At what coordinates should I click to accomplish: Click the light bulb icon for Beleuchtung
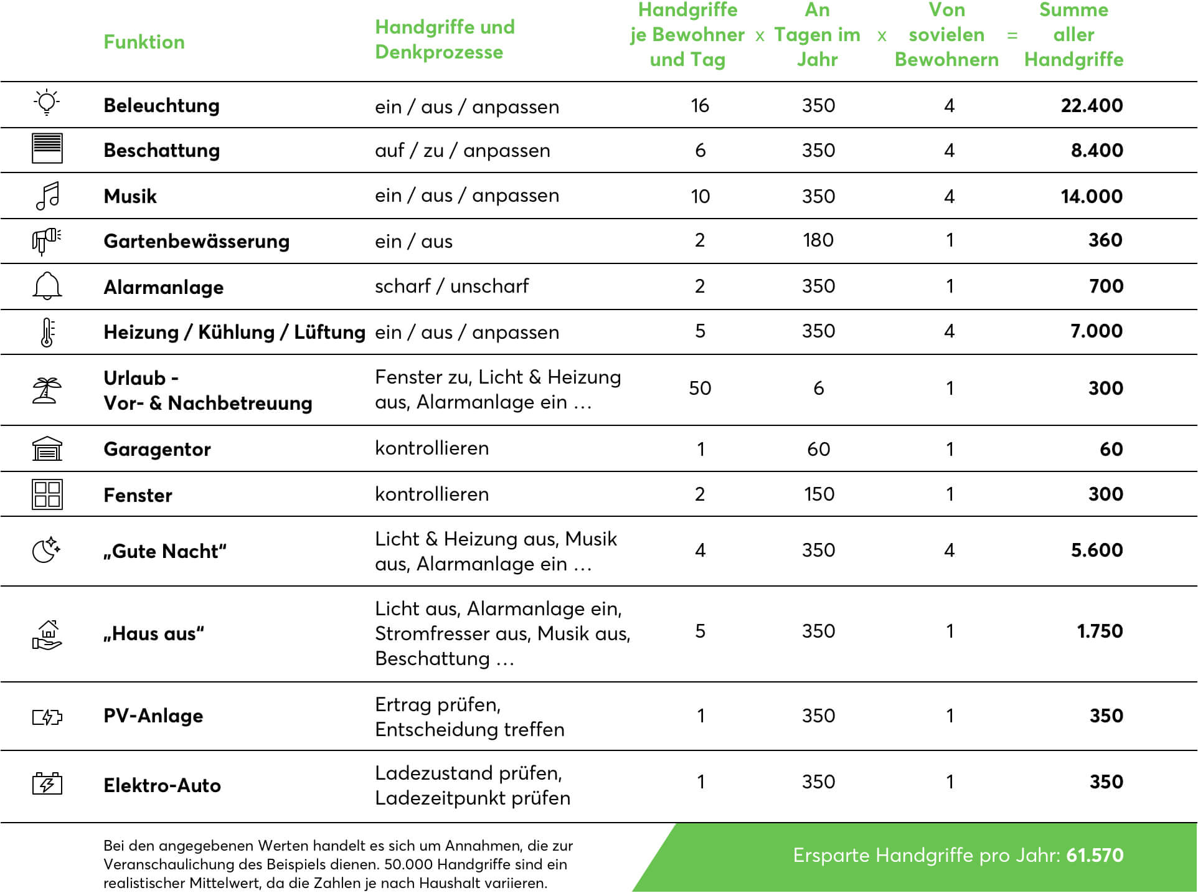coord(47,103)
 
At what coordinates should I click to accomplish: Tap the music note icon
coord(47,196)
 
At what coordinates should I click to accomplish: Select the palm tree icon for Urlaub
coord(47,390)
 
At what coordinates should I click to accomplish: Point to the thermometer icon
coord(47,332)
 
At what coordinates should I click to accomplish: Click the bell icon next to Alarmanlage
coord(47,286)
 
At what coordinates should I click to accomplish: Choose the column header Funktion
coord(144,42)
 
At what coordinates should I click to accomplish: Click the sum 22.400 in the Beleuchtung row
coord(1092,105)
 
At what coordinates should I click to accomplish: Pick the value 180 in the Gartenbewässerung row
coord(818,240)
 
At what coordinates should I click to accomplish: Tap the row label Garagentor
coord(157,449)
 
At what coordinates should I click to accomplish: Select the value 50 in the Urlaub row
coord(700,388)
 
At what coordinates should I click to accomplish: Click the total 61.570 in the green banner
coord(1095,855)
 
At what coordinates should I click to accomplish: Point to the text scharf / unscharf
coord(451,286)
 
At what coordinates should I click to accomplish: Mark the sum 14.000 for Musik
coord(1092,196)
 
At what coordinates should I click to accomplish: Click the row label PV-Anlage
coord(153,716)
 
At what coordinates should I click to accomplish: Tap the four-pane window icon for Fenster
coord(47,494)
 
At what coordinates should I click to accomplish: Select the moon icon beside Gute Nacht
coord(46,550)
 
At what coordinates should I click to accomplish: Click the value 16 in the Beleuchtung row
coord(700,105)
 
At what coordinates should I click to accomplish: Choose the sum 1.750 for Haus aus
coord(1100,631)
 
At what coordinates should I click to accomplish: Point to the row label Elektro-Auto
coord(162,785)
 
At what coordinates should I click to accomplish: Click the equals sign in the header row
coord(1012,35)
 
